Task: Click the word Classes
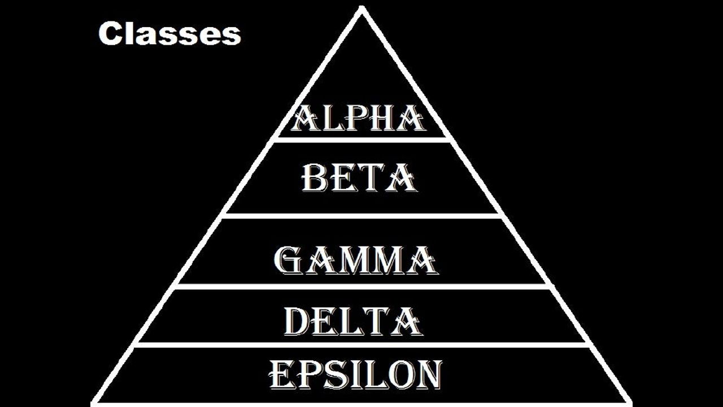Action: point(169,34)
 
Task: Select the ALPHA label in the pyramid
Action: point(358,119)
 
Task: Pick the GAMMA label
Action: point(355,260)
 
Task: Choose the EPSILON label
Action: point(355,375)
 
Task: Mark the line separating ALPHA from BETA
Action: point(361,139)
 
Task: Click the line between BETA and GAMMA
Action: point(361,215)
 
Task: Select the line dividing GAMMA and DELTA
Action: point(361,286)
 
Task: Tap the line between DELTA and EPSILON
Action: point(361,344)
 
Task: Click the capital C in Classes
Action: point(110,34)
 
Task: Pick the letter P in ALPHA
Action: point(354,119)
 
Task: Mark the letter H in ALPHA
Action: point(382,119)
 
